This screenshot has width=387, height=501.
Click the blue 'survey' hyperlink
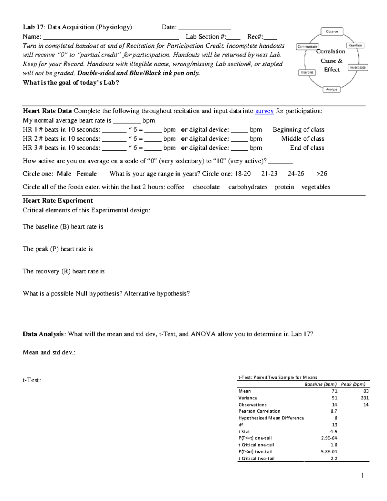coord(264,111)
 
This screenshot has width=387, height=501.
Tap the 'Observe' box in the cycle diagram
coord(332,32)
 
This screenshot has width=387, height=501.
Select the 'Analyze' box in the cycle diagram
coord(331,89)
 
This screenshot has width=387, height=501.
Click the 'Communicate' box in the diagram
coord(307,47)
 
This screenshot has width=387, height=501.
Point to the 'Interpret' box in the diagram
coord(307,73)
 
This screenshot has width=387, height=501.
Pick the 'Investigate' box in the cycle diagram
coord(358,68)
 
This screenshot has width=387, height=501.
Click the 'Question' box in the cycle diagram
coord(355,45)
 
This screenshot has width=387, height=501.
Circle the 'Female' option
coord(86,174)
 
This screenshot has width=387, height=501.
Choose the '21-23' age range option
coord(269,174)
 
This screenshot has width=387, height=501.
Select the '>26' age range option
coord(322,174)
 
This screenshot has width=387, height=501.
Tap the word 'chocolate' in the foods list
coord(206,187)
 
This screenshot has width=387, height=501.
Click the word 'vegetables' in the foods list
coord(316,187)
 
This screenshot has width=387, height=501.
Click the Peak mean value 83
coord(366,391)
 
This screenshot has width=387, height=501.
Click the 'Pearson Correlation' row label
coord(259,411)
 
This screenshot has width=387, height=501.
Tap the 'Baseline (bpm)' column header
coord(320,384)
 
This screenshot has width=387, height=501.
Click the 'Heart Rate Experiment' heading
coord(58,201)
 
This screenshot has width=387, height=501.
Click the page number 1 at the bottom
coord(362,476)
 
